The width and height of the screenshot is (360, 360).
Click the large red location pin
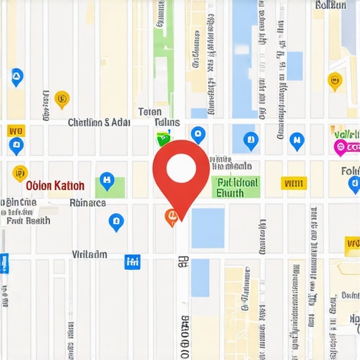pos(181,169)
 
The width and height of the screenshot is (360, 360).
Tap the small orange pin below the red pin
pos(170,217)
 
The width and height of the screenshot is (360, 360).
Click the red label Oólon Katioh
pos(55,186)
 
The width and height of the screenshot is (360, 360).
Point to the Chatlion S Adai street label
pos(98,122)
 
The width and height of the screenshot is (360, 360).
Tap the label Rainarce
pos(88,202)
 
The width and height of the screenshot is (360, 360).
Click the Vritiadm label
pos(90,254)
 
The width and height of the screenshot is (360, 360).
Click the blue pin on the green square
pos(106,181)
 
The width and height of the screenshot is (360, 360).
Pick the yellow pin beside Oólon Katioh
pos(20,172)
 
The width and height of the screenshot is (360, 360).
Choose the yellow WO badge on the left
pos(15,131)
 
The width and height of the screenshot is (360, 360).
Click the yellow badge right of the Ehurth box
pos(289,184)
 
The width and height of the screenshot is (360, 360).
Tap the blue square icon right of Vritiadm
pos(131,262)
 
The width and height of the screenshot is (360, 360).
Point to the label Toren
pos(150,112)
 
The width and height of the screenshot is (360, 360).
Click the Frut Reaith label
pos(28,220)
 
